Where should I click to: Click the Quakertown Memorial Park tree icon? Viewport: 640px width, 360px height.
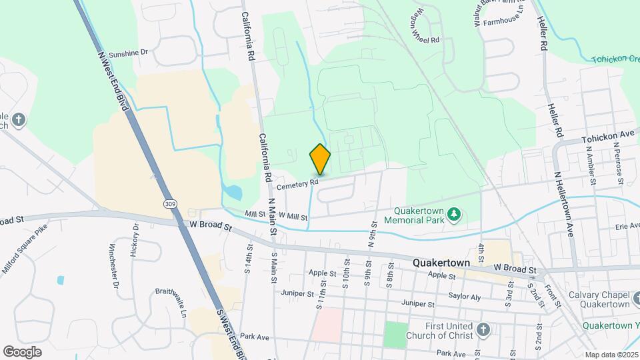(454, 214)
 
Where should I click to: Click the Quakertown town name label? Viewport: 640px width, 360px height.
(443, 263)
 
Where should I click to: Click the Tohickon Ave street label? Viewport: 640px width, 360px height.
(607, 136)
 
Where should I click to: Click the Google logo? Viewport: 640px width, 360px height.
(22, 351)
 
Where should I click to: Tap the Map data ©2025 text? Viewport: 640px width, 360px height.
(611, 355)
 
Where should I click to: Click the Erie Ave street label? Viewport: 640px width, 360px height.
(627, 226)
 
